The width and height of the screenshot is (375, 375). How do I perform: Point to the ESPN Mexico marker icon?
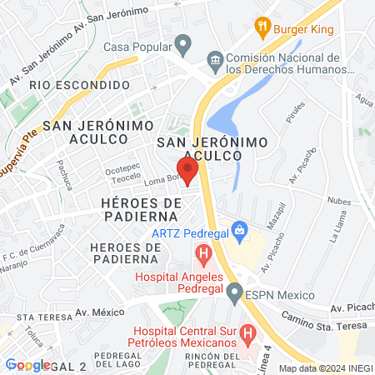tap(235, 293)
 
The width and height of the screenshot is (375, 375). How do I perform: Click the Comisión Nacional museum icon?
tap(216, 60)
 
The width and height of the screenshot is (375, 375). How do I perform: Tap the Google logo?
tap(27, 365)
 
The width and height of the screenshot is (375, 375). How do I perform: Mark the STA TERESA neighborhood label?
tap(41, 317)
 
